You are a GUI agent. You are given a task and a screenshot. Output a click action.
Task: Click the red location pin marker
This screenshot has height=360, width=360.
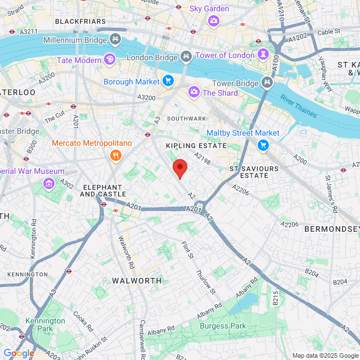[x=179, y=168]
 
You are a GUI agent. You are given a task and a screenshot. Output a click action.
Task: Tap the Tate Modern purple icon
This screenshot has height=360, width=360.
[x=110, y=60]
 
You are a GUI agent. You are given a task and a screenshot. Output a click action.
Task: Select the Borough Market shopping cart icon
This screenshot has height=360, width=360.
[x=168, y=82]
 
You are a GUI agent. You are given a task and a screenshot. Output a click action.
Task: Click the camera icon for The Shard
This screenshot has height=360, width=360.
[x=193, y=92]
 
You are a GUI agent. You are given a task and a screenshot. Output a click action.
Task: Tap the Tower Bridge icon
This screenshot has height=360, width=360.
[x=267, y=84]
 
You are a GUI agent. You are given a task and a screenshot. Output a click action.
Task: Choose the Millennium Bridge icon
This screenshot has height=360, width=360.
[x=115, y=39]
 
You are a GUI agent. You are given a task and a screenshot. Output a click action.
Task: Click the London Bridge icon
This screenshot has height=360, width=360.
[x=186, y=57]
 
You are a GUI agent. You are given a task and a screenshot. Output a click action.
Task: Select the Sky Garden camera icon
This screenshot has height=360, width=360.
[x=214, y=21]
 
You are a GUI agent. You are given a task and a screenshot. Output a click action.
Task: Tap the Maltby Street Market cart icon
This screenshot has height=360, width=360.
[x=263, y=145]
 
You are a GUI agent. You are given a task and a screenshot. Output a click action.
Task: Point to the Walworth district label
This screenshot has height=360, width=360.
[x=137, y=280]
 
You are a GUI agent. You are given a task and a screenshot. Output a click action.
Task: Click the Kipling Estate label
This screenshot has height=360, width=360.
[x=196, y=146]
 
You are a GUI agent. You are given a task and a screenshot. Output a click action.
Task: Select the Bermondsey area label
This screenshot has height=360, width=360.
[x=331, y=229]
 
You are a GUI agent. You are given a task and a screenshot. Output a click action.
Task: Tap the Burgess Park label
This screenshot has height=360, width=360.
[x=223, y=326]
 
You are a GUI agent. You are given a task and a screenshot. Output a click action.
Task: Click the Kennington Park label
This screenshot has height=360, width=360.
[x=45, y=325]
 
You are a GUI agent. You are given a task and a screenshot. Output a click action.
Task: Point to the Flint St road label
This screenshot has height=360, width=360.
[x=188, y=250]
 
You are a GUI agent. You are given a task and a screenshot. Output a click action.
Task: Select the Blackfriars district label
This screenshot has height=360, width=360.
[x=80, y=21]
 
